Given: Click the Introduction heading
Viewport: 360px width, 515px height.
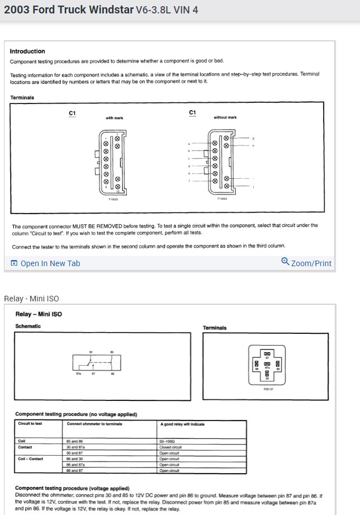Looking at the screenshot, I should point(27,51).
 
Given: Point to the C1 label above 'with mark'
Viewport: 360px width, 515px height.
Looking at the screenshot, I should point(72,114).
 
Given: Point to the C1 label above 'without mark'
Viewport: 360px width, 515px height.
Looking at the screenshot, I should point(193,113).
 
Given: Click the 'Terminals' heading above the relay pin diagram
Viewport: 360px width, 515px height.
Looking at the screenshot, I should point(215,328).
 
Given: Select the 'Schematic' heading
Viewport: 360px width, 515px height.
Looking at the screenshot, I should point(28,326).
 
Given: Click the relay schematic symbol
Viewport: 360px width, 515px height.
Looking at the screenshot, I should point(96,363).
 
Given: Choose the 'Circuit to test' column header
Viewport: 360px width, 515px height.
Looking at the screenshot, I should point(30,424).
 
